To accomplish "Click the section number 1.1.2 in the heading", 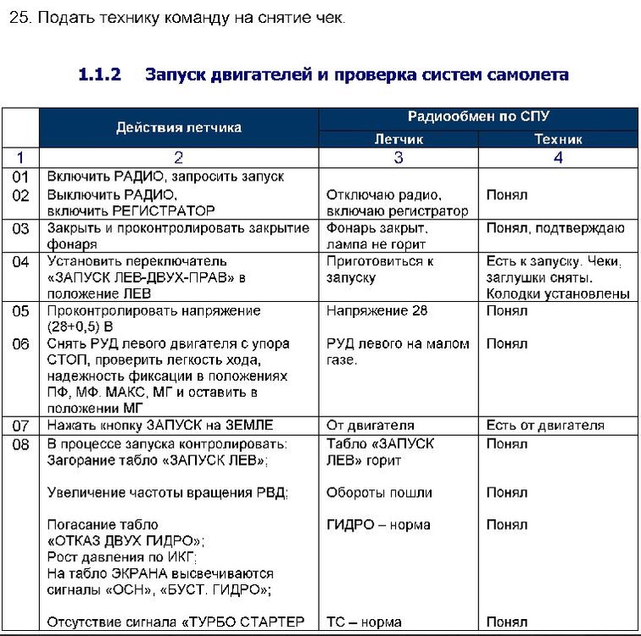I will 99,75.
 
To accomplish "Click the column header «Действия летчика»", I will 178,127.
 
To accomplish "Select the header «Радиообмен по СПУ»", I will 478,117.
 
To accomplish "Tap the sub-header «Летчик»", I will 399,139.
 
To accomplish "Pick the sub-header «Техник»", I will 558,139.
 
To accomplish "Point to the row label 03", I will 20,228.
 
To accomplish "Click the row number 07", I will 20,425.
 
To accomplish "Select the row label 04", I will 20,261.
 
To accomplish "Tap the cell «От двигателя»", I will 370,425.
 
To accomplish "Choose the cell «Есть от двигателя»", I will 545,425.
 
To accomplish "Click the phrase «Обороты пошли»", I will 379,493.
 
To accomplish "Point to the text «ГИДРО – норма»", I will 378,525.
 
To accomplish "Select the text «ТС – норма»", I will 365,622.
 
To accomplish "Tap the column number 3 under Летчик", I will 399,157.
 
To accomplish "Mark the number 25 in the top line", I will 18,19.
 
